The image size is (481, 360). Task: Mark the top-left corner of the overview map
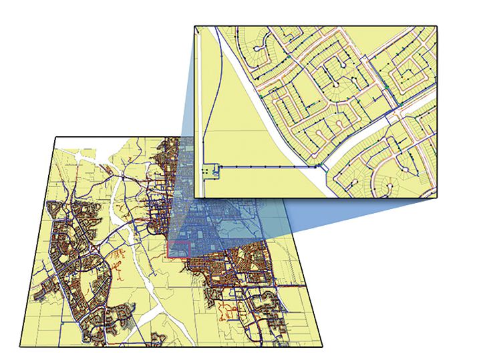[55, 138]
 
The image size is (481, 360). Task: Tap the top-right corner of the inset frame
[437, 27]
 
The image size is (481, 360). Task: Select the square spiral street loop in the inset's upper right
[408, 73]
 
